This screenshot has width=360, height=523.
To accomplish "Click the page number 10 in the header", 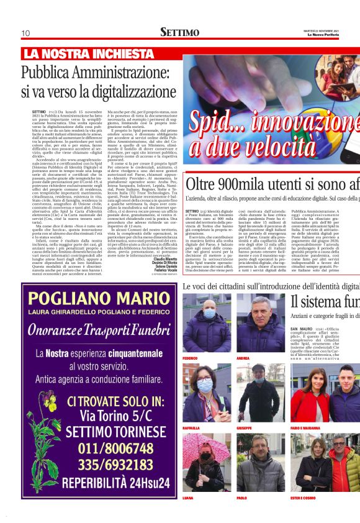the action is coord(25,32).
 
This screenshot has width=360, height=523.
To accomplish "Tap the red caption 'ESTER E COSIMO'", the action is coord(302,498).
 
